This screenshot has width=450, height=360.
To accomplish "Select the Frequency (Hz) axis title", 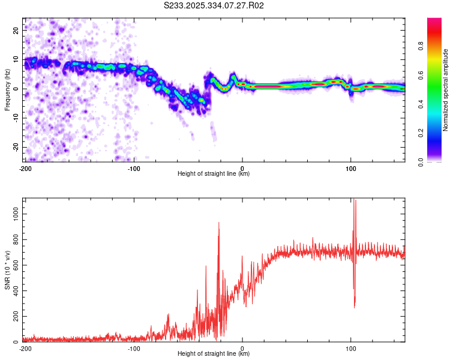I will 7,89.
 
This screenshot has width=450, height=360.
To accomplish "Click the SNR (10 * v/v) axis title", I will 7,270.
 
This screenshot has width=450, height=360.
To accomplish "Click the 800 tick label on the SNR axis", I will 15,239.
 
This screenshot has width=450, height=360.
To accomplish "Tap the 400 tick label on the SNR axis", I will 15,290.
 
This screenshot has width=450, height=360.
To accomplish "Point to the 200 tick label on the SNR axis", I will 15,316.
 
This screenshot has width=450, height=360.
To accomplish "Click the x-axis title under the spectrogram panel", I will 214,174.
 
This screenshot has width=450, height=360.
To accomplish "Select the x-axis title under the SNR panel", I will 214,354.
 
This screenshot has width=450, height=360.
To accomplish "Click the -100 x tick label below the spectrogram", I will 134,168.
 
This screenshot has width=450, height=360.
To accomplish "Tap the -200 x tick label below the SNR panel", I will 25,348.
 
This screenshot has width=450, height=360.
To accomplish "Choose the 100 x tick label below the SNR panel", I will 351,348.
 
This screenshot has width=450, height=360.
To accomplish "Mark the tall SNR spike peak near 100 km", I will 355,200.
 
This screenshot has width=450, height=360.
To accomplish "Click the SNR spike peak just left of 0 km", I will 218,223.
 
